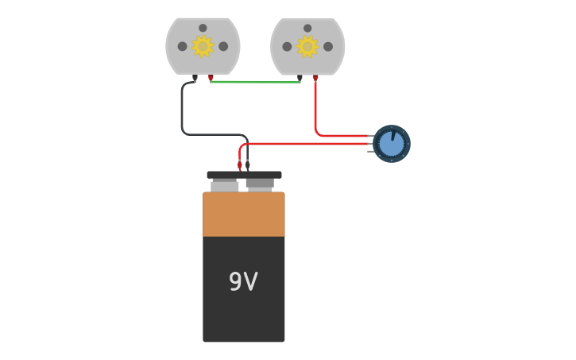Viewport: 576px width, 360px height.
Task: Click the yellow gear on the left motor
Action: click(203, 46)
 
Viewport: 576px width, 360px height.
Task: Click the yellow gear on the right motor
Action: click(307, 46)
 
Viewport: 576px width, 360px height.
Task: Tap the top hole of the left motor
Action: click(203, 28)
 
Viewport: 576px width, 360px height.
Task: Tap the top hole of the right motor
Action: click(307, 28)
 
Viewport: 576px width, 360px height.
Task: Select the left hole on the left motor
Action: click(182, 46)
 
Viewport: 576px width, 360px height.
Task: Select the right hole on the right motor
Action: click(328, 46)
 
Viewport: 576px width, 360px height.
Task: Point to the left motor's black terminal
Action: click(195, 78)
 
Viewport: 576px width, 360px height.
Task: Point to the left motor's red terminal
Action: click(211, 78)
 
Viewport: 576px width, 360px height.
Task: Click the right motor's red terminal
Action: click(315, 78)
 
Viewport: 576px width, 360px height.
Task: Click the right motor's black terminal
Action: click(300, 78)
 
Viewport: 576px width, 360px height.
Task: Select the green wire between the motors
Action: click(254, 81)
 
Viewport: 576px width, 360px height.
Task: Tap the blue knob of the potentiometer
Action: click(391, 144)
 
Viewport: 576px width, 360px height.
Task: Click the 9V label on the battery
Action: click(243, 282)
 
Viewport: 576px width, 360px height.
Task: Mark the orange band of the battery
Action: click(243, 214)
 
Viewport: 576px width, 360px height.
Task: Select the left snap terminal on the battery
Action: click(224, 185)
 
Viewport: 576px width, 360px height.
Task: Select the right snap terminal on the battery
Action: click(260, 184)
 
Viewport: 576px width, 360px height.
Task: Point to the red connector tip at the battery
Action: click(239, 165)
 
